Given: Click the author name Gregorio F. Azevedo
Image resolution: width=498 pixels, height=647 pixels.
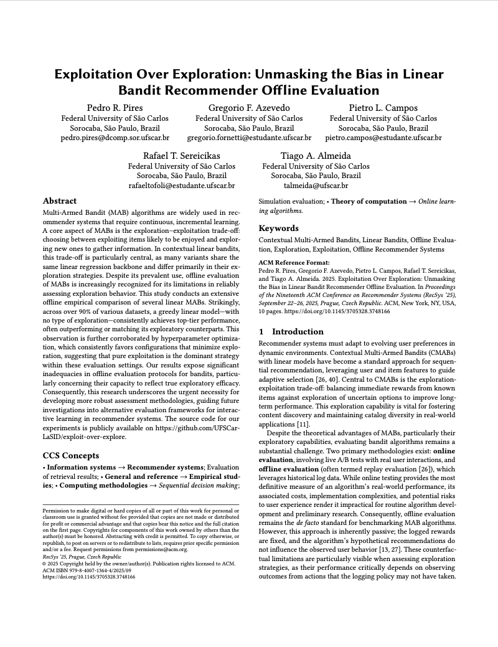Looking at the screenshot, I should click(249, 108).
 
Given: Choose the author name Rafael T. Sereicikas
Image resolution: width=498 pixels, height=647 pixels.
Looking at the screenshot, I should click(182, 156).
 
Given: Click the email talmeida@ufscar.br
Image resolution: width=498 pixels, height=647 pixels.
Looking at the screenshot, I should click(316, 186).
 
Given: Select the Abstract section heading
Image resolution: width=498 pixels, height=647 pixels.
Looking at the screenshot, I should click(60, 201).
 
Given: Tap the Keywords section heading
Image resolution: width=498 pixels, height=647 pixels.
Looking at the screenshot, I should click(280, 229).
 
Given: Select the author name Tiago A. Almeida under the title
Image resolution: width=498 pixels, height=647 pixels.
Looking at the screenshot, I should click(316, 156).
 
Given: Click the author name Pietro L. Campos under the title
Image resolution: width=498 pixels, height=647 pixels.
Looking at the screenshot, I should click(383, 108).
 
